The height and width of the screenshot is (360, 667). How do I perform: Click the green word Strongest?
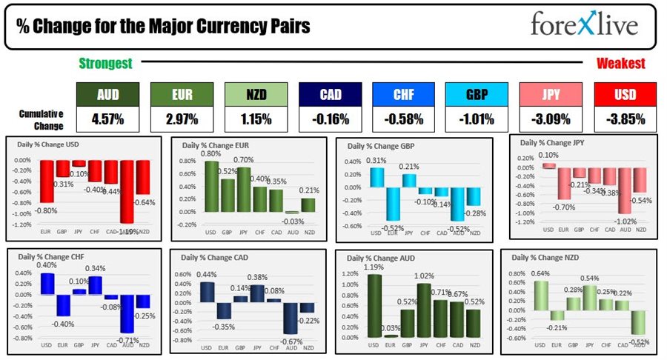(105, 64)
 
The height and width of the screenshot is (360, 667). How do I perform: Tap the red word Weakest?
(620, 64)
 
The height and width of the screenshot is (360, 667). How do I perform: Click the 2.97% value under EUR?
(182, 118)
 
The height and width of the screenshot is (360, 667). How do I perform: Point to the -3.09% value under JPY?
(551, 118)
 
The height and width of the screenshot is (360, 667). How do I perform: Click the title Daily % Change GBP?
(380, 146)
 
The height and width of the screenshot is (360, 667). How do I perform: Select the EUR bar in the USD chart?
(46, 181)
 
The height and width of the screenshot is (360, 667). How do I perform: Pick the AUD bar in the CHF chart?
(127, 313)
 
